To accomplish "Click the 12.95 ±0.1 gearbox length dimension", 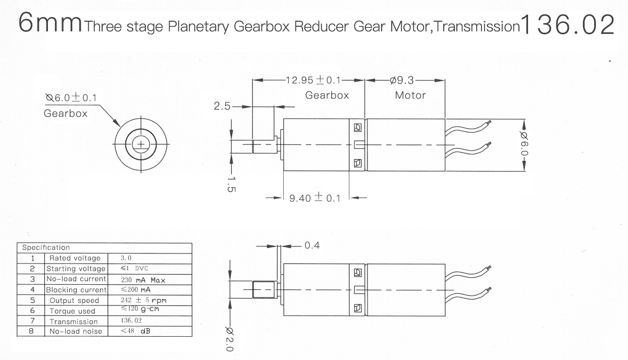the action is click(313, 80).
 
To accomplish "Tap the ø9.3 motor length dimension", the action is click(402, 81).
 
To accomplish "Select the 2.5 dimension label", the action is click(222, 106).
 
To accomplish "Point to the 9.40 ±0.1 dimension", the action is click(315, 198).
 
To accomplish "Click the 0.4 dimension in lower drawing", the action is click(312, 245).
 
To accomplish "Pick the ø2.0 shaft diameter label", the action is click(229, 339).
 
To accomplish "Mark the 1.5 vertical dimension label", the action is click(231, 184).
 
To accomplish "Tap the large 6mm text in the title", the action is click(50, 23).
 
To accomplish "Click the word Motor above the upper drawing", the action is click(410, 95).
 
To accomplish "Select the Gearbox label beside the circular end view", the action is click(66, 114).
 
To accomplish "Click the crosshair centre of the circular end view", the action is click(141, 144).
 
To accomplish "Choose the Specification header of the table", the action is click(46, 247).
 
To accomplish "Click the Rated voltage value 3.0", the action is click(126, 258).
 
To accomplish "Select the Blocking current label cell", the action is click(76, 290).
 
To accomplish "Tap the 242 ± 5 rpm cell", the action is click(143, 300).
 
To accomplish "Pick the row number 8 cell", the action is click(31, 331).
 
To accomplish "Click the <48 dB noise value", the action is click(136, 331).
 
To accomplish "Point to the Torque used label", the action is click(72, 311).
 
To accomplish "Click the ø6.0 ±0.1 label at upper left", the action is click(71, 98).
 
